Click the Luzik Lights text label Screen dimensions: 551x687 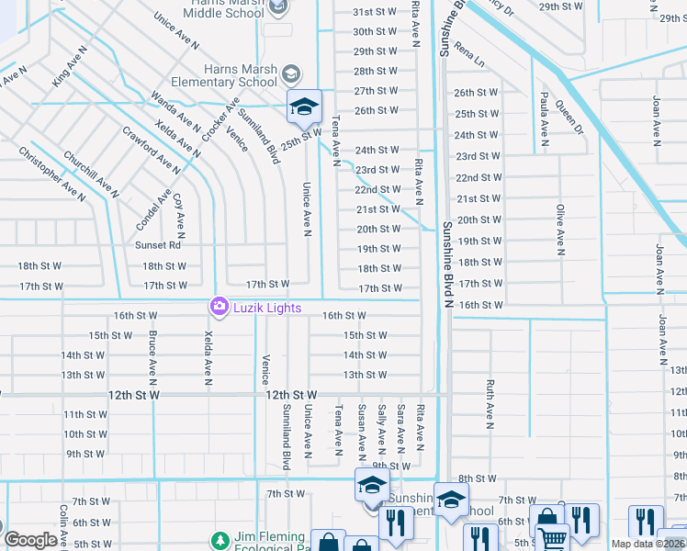pos(266,308)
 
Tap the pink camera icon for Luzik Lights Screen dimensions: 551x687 pos(220,306)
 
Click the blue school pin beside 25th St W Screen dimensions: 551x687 pos(304,107)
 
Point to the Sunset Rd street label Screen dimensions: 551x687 pos(158,245)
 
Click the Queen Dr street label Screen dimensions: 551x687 pos(568,116)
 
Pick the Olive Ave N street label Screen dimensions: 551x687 pos(559,229)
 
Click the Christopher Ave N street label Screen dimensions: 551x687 pos(51,174)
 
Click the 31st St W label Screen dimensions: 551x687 pos(376,12)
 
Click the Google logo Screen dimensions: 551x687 pos(30,540)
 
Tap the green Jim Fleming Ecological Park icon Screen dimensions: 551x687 pos(220,541)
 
